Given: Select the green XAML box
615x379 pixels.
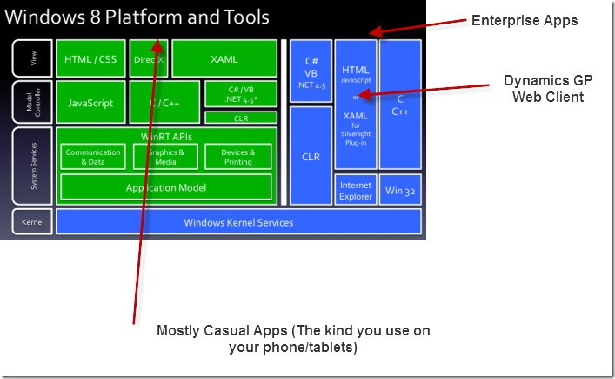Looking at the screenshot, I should click(224, 59).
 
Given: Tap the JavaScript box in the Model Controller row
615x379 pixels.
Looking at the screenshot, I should click(90, 103).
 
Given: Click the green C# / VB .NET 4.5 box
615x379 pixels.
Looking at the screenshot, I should click(241, 94).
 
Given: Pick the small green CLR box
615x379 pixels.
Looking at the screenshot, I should click(241, 118).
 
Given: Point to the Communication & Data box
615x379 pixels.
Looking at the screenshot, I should click(93, 157).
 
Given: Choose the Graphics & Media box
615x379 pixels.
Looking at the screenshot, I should click(165, 157).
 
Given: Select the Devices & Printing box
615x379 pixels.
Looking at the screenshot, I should click(237, 157).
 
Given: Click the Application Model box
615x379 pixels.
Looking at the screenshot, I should click(165, 187).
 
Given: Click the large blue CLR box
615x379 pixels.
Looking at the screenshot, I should click(311, 157).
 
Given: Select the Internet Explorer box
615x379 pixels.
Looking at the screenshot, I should click(356, 190).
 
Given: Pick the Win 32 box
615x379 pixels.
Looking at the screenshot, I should click(400, 190).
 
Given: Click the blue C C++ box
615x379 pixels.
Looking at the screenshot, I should click(400, 105).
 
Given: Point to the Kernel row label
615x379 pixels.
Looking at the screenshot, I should click(32, 222).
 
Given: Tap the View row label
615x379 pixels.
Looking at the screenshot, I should click(32, 59).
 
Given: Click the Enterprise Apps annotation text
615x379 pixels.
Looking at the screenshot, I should click(525, 21).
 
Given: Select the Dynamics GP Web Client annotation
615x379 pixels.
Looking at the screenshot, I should click(544, 88).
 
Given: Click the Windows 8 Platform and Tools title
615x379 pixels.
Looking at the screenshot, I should click(137, 17).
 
